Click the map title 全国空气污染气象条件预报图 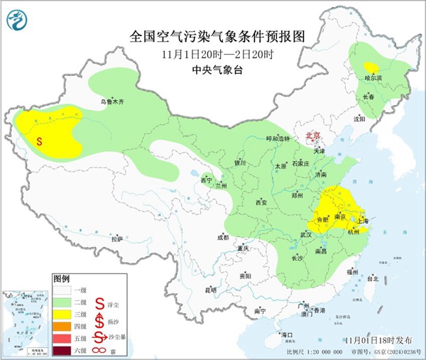click(x=208, y=36)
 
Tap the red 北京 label click(x=312, y=135)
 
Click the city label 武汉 click(x=306, y=234)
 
